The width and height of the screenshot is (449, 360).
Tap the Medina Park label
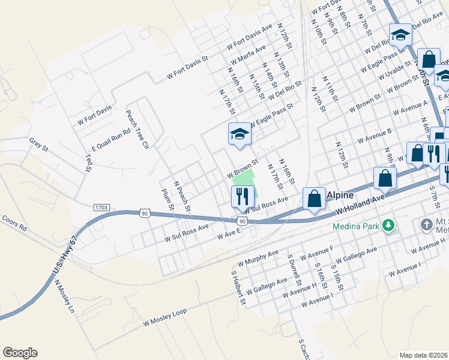click(x=357, y=227)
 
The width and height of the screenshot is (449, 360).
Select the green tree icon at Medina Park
click(x=389, y=226)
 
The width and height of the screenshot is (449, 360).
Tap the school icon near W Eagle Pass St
click(x=240, y=134)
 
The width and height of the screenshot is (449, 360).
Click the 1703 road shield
click(x=102, y=207)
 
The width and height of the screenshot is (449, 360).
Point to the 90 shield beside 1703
click(x=144, y=212)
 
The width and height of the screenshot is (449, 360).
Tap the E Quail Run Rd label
click(x=111, y=140)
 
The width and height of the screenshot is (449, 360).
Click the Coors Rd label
click(x=14, y=224)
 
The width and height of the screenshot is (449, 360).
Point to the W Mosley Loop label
click(x=165, y=317)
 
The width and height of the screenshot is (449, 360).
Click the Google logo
click(x=20, y=353)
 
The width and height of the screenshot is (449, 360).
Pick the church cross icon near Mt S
click(x=426, y=225)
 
